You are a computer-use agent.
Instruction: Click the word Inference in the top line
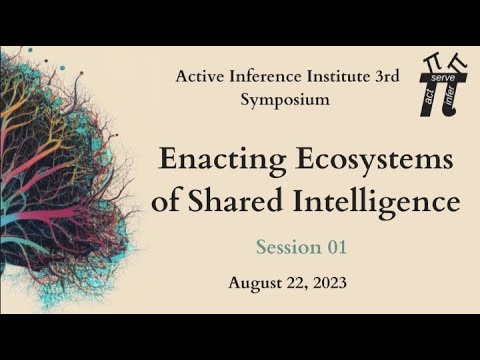point(264,76)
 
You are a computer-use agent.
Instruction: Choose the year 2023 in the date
point(327,283)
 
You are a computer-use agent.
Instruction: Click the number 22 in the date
point(294,283)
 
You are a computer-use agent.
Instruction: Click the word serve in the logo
point(446,77)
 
